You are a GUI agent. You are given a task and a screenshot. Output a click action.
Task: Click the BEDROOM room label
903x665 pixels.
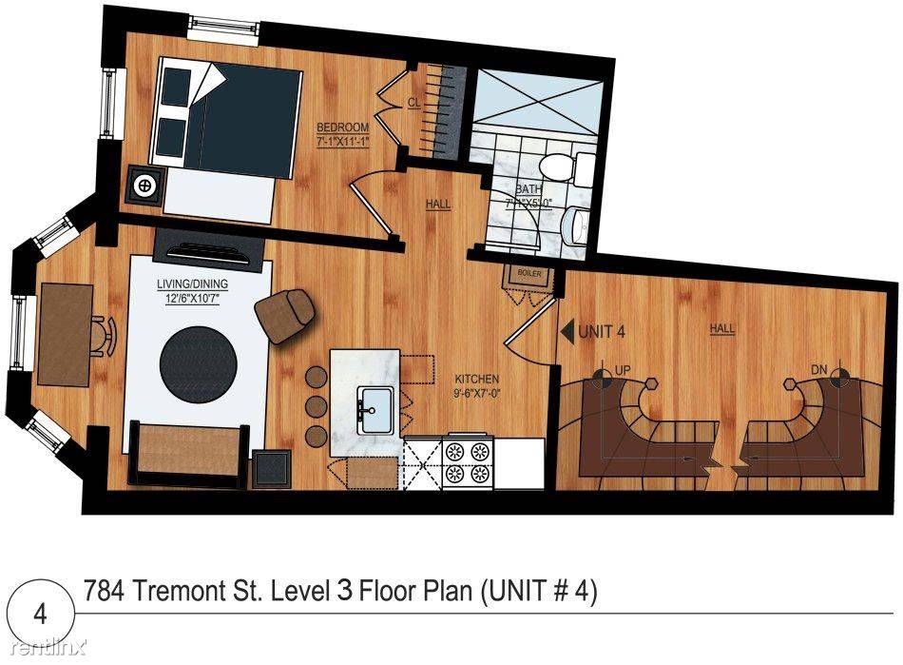pyautogui.click(x=342, y=127)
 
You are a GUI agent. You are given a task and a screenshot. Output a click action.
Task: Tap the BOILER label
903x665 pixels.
pyautogui.click(x=528, y=274)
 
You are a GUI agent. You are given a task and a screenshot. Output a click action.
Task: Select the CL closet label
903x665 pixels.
pyautogui.click(x=414, y=103)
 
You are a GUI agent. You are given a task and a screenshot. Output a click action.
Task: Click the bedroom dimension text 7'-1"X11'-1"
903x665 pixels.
pyautogui.click(x=342, y=142)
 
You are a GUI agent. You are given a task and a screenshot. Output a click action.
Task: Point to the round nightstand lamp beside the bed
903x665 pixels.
pyautogui.click(x=144, y=185)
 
